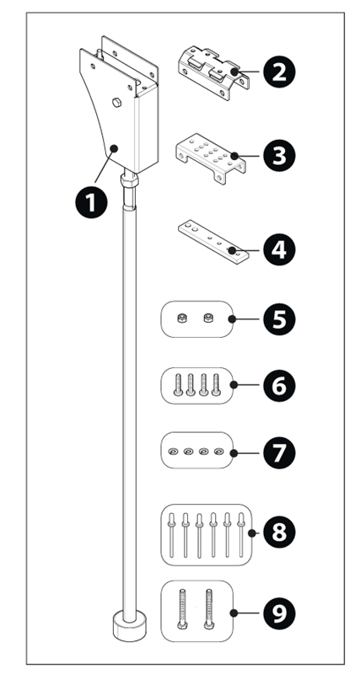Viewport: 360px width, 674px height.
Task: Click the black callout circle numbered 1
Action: pos(91,202)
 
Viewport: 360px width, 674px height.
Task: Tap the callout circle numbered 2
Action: pos(279,72)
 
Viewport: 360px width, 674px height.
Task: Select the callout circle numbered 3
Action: pos(279,156)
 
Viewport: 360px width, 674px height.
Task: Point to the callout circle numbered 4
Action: pos(279,249)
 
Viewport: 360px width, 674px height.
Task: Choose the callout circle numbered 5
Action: pos(279,319)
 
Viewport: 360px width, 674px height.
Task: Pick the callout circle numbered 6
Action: pos(279,385)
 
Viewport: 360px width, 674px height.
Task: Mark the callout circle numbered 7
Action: pos(279,452)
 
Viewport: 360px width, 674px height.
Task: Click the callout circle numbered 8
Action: pos(279,533)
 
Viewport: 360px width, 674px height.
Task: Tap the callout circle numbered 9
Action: pos(279,613)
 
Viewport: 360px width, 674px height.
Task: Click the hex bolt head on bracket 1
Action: pos(116,102)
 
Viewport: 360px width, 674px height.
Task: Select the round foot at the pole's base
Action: pos(129,627)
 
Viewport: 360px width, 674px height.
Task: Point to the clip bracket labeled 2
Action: pos(214,73)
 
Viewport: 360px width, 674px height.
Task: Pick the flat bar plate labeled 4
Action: pos(213,242)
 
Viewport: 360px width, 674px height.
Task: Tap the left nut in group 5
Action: pos(181,318)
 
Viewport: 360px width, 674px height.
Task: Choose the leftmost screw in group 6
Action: pos(178,384)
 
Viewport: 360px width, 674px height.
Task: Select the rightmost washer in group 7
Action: pos(219,452)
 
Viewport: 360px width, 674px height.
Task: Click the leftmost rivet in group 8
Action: pos(171,535)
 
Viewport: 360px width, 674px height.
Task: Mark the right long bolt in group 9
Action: pos(209,608)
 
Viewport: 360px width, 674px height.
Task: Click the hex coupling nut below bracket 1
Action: pos(130,180)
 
